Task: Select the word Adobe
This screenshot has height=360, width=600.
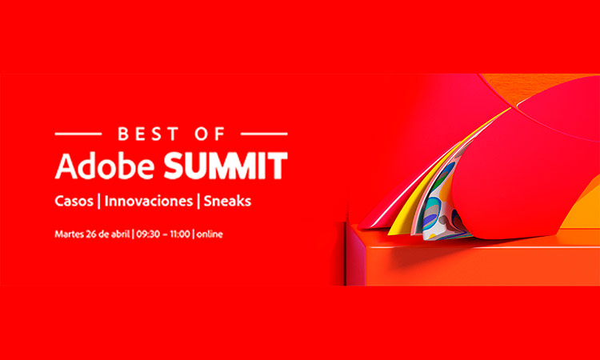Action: (105, 166)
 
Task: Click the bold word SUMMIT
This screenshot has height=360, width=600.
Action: (226, 166)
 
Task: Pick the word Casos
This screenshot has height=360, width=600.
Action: (74, 202)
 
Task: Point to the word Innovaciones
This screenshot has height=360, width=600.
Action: (149, 202)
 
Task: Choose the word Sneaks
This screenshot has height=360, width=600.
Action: (227, 202)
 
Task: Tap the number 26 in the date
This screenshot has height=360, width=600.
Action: (91, 234)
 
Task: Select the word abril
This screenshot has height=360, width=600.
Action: (120, 234)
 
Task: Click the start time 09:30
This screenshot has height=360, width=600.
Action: (148, 234)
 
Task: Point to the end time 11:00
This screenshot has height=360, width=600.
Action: (180, 234)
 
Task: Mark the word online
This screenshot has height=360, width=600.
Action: (210, 234)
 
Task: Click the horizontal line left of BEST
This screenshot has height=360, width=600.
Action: (78, 134)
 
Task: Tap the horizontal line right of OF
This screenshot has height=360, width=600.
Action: (264, 134)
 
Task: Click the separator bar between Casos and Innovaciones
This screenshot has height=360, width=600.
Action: (99, 202)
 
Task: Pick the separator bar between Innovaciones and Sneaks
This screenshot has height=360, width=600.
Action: (198, 202)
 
